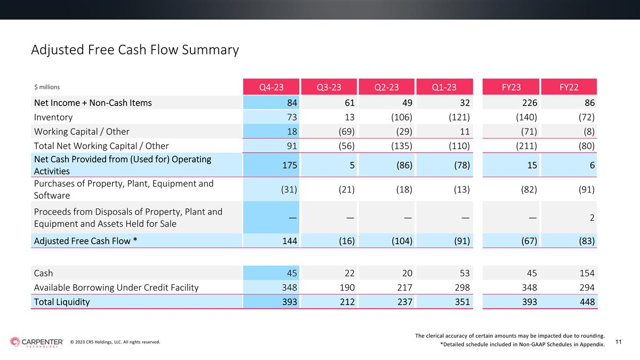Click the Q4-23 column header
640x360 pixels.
(x=271, y=87)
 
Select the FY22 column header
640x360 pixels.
(x=569, y=87)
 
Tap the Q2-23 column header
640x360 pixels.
(x=387, y=87)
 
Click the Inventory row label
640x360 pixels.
(x=53, y=117)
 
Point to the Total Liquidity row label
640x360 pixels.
(x=62, y=302)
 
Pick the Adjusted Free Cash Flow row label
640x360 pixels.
(x=85, y=241)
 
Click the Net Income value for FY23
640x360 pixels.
(x=530, y=102)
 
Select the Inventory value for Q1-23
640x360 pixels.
(x=459, y=117)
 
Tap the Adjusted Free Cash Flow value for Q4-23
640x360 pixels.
(x=290, y=241)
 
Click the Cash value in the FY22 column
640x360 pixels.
(x=587, y=273)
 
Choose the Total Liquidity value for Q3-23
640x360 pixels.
(x=347, y=302)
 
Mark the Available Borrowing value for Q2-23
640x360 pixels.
(x=405, y=287)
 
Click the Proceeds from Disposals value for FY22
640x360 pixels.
(x=592, y=218)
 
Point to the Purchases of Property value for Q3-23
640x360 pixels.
(x=347, y=189)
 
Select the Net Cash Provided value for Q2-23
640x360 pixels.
(x=404, y=165)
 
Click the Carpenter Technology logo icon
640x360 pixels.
(x=15, y=342)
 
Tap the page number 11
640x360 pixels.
(x=618, y=342)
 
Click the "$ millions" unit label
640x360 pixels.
(x=47, y=87)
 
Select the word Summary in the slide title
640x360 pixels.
(x=210, y=50)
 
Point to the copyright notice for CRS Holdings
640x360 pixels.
(x=115, y=342)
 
